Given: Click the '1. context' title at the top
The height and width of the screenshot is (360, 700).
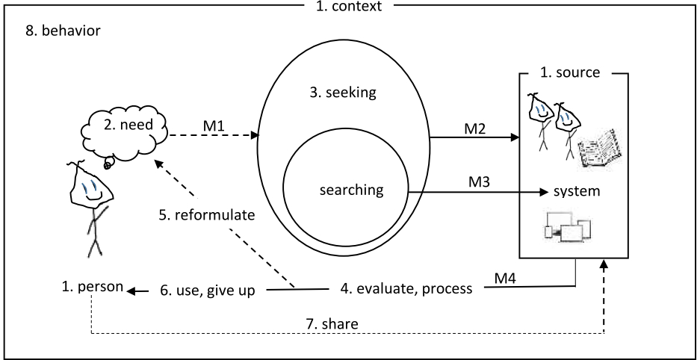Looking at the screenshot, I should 350,7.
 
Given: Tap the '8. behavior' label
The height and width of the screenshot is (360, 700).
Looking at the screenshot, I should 58,33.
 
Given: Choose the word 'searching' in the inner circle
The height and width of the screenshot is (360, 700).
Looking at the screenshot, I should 350,190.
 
